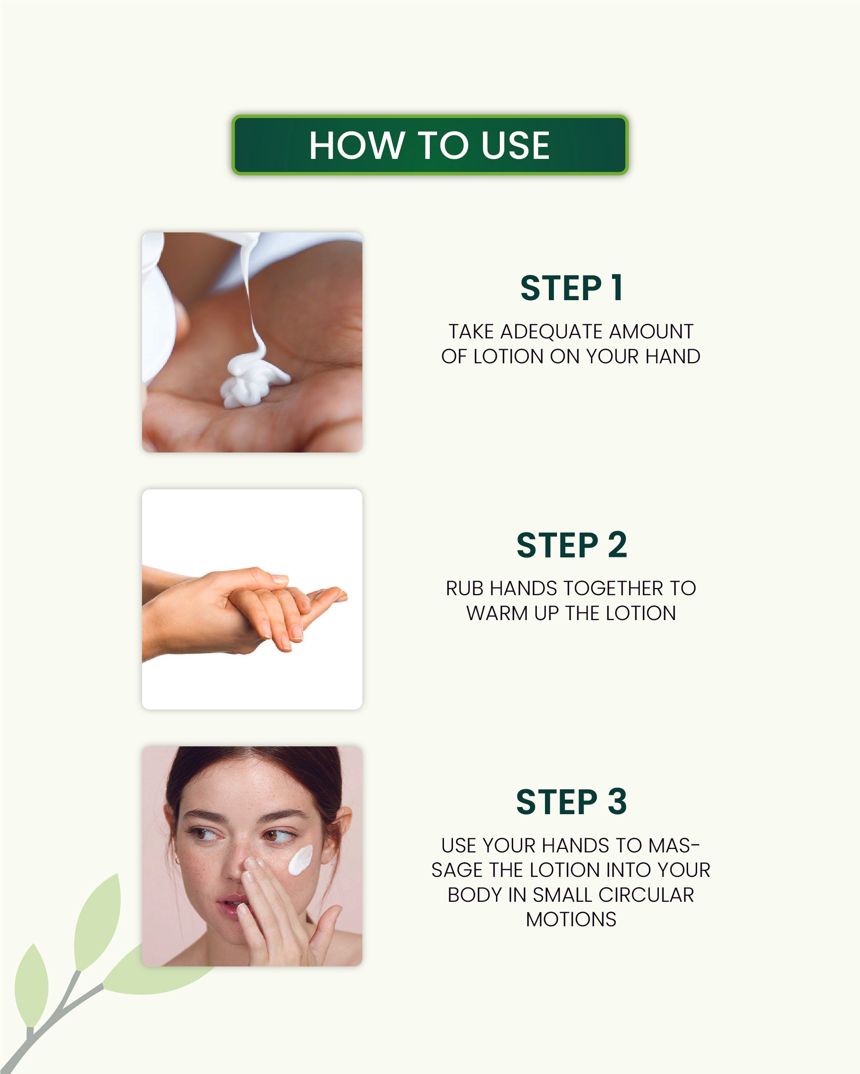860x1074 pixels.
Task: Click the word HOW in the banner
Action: [356, 146]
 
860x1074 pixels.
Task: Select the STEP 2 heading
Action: [571, 545]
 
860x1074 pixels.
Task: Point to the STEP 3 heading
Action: [571, 802]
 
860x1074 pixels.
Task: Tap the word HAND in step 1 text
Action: [673, 356]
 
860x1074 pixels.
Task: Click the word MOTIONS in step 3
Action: [571, 919]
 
